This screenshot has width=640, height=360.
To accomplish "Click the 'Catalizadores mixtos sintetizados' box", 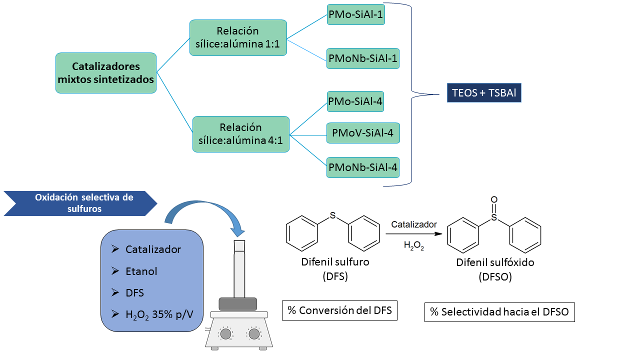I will click(106, 73).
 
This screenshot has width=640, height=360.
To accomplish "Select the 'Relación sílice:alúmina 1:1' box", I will click(238, 38).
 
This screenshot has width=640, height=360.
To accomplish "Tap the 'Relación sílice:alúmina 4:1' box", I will click(241, 134).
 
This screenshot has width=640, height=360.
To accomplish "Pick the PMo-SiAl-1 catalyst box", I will click(356, 15).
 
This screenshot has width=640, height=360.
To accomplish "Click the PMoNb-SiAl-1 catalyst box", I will click(363, 58).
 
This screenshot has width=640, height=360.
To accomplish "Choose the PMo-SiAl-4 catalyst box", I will click(355, 102).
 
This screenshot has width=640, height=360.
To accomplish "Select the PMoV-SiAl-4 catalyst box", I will click(363, 133).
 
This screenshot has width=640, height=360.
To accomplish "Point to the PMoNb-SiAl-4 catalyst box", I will click(363, 167).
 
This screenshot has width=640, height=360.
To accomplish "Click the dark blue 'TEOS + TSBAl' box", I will click(483, 92).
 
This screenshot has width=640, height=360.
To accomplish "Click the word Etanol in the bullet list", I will click(141, 271).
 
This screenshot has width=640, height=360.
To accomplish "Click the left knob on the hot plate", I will click(225, 333).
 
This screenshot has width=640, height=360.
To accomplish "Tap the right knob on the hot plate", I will click(254, 333).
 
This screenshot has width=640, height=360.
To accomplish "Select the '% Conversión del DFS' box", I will click(339, 310).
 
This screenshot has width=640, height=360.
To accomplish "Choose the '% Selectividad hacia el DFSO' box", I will click(499, 312).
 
